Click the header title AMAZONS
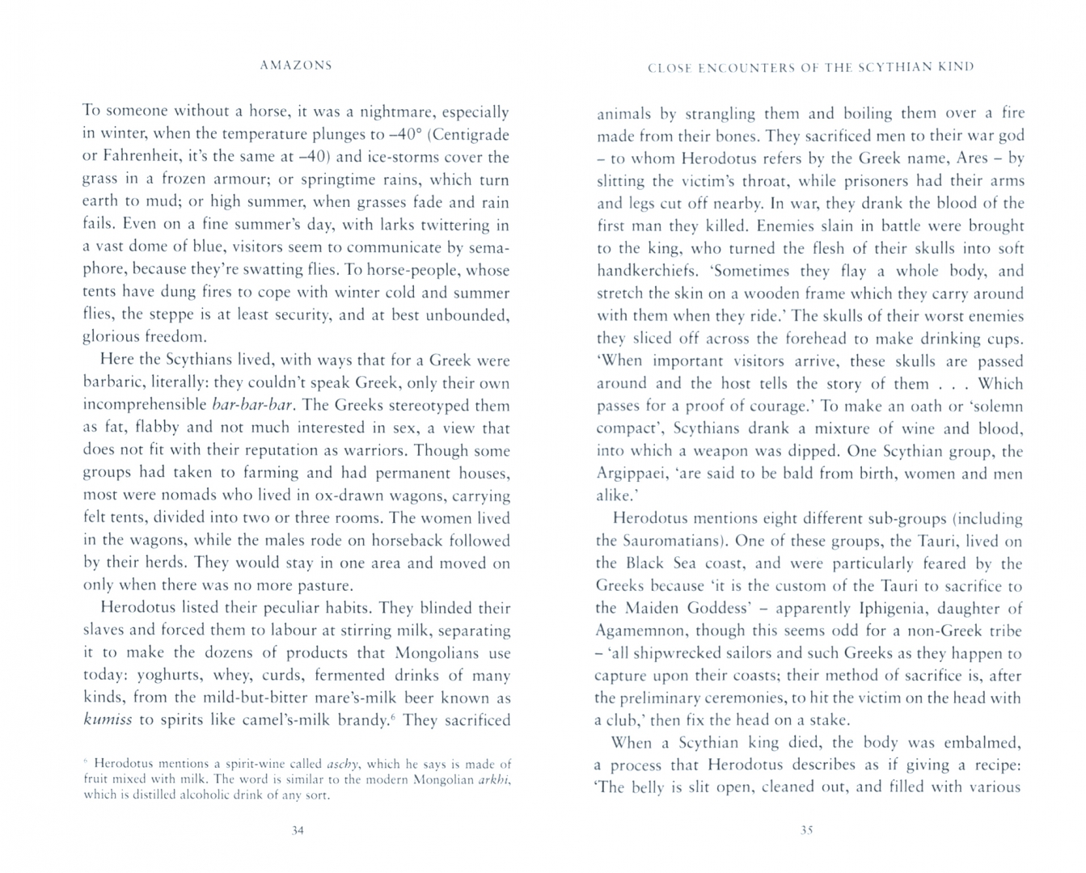pyautogui.click(x=296, y=65)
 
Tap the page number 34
pyautogui.click(x=297, y=830)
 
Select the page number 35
pyautogui.click(x=805, y=829)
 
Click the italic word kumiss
pyautogui.click(x=108, y=720)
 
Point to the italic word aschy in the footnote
pyautogui.click(x=344, y=763)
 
